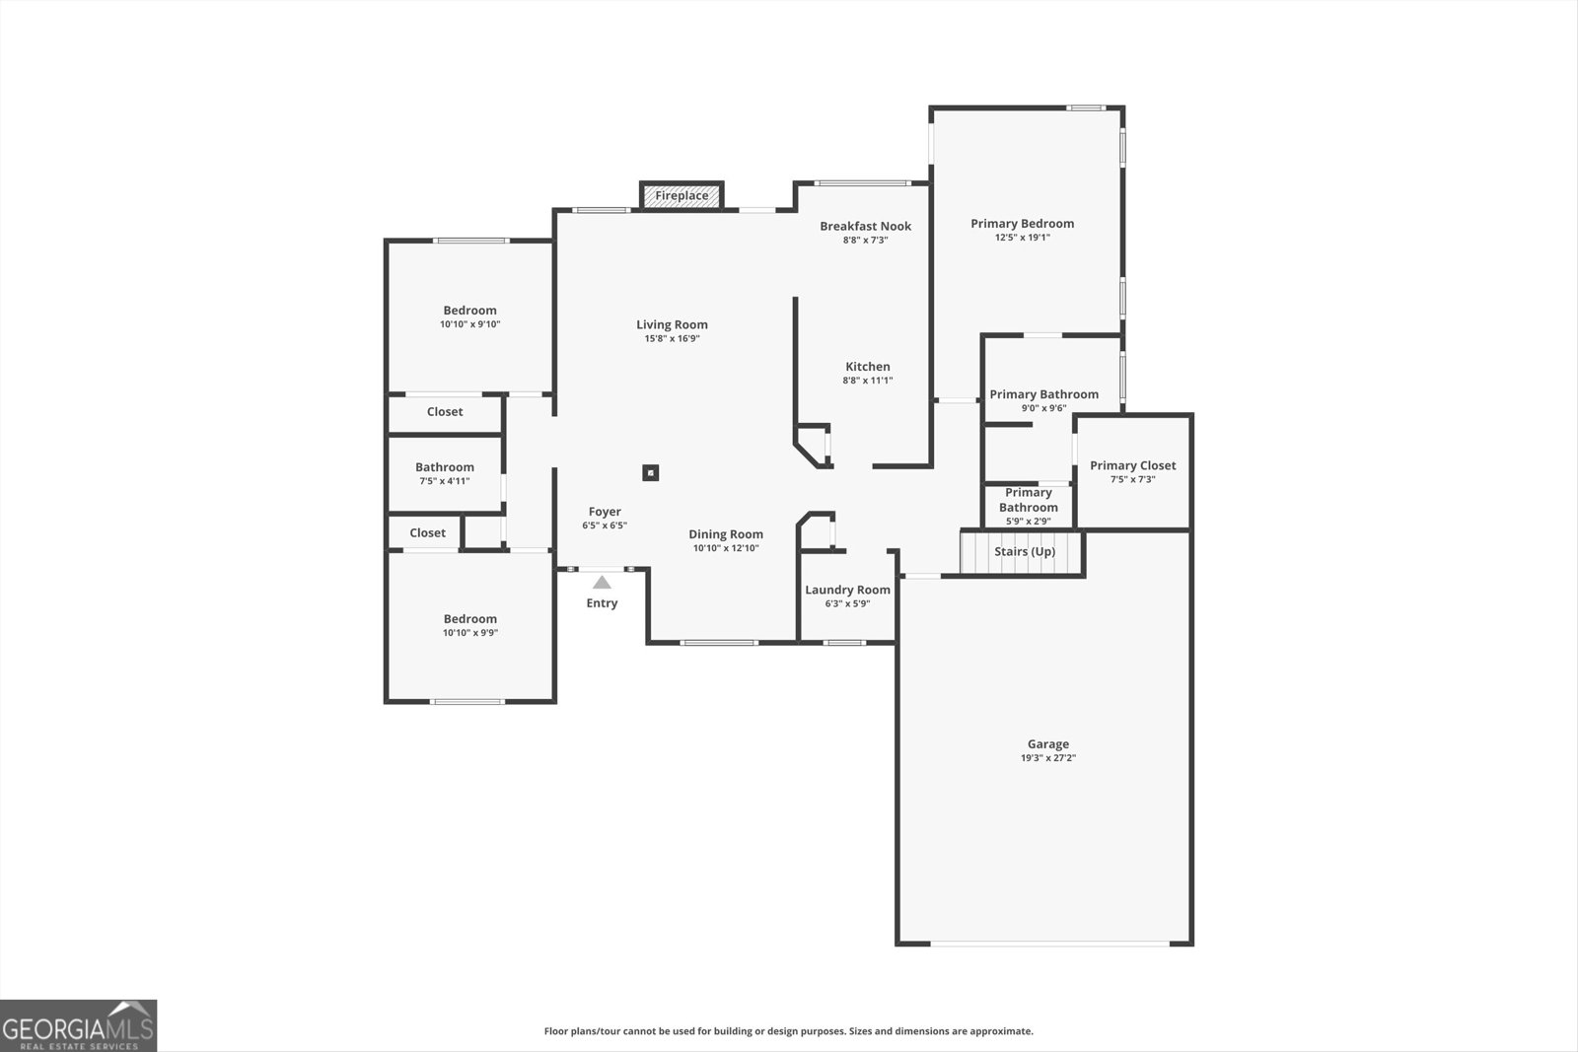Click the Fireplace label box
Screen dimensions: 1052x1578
[681, 195]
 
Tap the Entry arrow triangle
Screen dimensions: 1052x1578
[602, 583]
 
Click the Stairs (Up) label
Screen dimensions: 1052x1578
[1024, 552]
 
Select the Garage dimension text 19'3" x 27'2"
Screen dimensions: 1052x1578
[1047, 758]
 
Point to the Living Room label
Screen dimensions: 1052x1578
[672, 324]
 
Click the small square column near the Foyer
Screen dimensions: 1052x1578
[650, 473]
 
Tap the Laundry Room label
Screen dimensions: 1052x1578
[847, 590]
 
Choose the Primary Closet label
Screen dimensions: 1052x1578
[1132, 465]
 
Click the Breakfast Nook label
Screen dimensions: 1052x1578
[865, 226]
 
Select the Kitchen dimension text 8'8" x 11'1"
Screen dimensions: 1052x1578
[867, 381]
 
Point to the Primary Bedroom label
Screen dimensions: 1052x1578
[1022, 224]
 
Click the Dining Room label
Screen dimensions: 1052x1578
[726, 534]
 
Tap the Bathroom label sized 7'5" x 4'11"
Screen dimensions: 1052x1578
[444, 467]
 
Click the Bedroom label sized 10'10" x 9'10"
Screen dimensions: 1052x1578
[469, 311]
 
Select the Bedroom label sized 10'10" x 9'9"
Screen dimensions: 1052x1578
[469, 619]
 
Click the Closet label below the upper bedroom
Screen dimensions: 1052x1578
[444, 412]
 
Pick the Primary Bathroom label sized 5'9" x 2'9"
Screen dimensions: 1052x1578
[1028, 500]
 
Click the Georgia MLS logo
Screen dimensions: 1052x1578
[78, 1025]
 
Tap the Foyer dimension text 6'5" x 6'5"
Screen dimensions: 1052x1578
[604, 526]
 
